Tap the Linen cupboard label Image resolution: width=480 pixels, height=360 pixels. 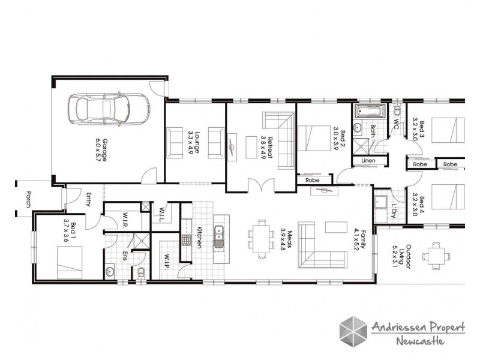click(x=367, y=161)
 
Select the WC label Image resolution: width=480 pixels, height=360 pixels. click(x=396, y=123)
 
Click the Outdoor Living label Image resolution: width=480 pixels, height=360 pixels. click(x=415, y=256)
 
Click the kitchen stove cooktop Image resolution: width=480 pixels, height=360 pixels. click(x=187, y=241)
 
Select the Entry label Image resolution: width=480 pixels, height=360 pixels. click(x=87, y=199)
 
